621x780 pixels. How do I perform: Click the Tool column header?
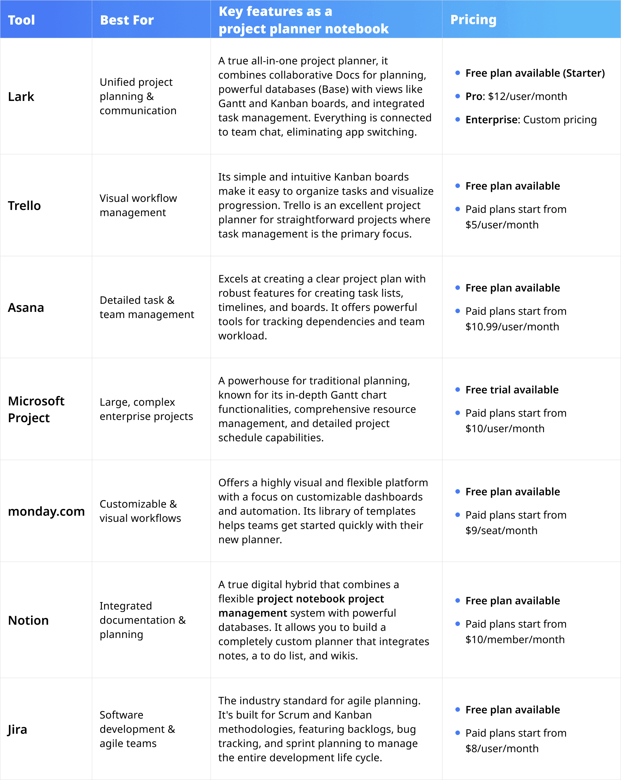click(x=21, y=20)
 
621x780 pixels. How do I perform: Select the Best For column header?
click(x=126, y=20)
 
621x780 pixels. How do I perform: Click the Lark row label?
click(x=21, y=97)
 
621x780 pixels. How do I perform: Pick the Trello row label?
click(x=24, y=205)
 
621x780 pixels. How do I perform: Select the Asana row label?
click(x=26, y=308)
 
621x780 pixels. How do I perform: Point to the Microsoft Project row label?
click(x=36, y=409)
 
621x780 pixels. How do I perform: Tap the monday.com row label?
click(x=46, y=511)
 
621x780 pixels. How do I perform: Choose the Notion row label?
click(x=28, y=621)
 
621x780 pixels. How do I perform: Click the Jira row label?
click(x=17, y=729)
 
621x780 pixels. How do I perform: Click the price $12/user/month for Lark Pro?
click(x=527, y=96)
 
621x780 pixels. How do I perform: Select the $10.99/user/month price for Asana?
click(x=512, y=327)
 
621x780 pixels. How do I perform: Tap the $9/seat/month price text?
click(x=501, y=530)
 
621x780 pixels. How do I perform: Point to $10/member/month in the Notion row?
click(x=515, y=640)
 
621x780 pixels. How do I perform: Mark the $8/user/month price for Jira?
click(x=502, y=749)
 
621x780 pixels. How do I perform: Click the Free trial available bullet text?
click(x=511, y=390)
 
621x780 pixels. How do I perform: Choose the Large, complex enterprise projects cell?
click(x=146, y=409)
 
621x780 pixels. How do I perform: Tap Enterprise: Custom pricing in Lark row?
click(x=530, y=120)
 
